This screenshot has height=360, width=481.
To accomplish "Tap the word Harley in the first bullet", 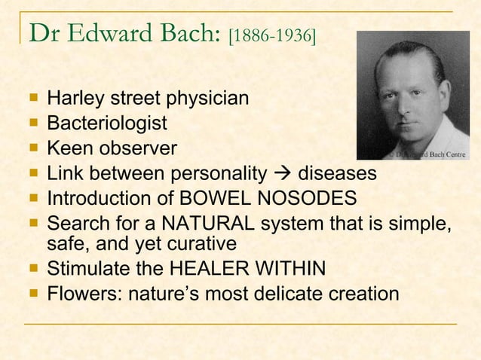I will coord(75,98).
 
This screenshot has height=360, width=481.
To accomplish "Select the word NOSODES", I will coord(308,199).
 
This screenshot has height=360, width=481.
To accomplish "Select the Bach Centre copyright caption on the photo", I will coord(427,154).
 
